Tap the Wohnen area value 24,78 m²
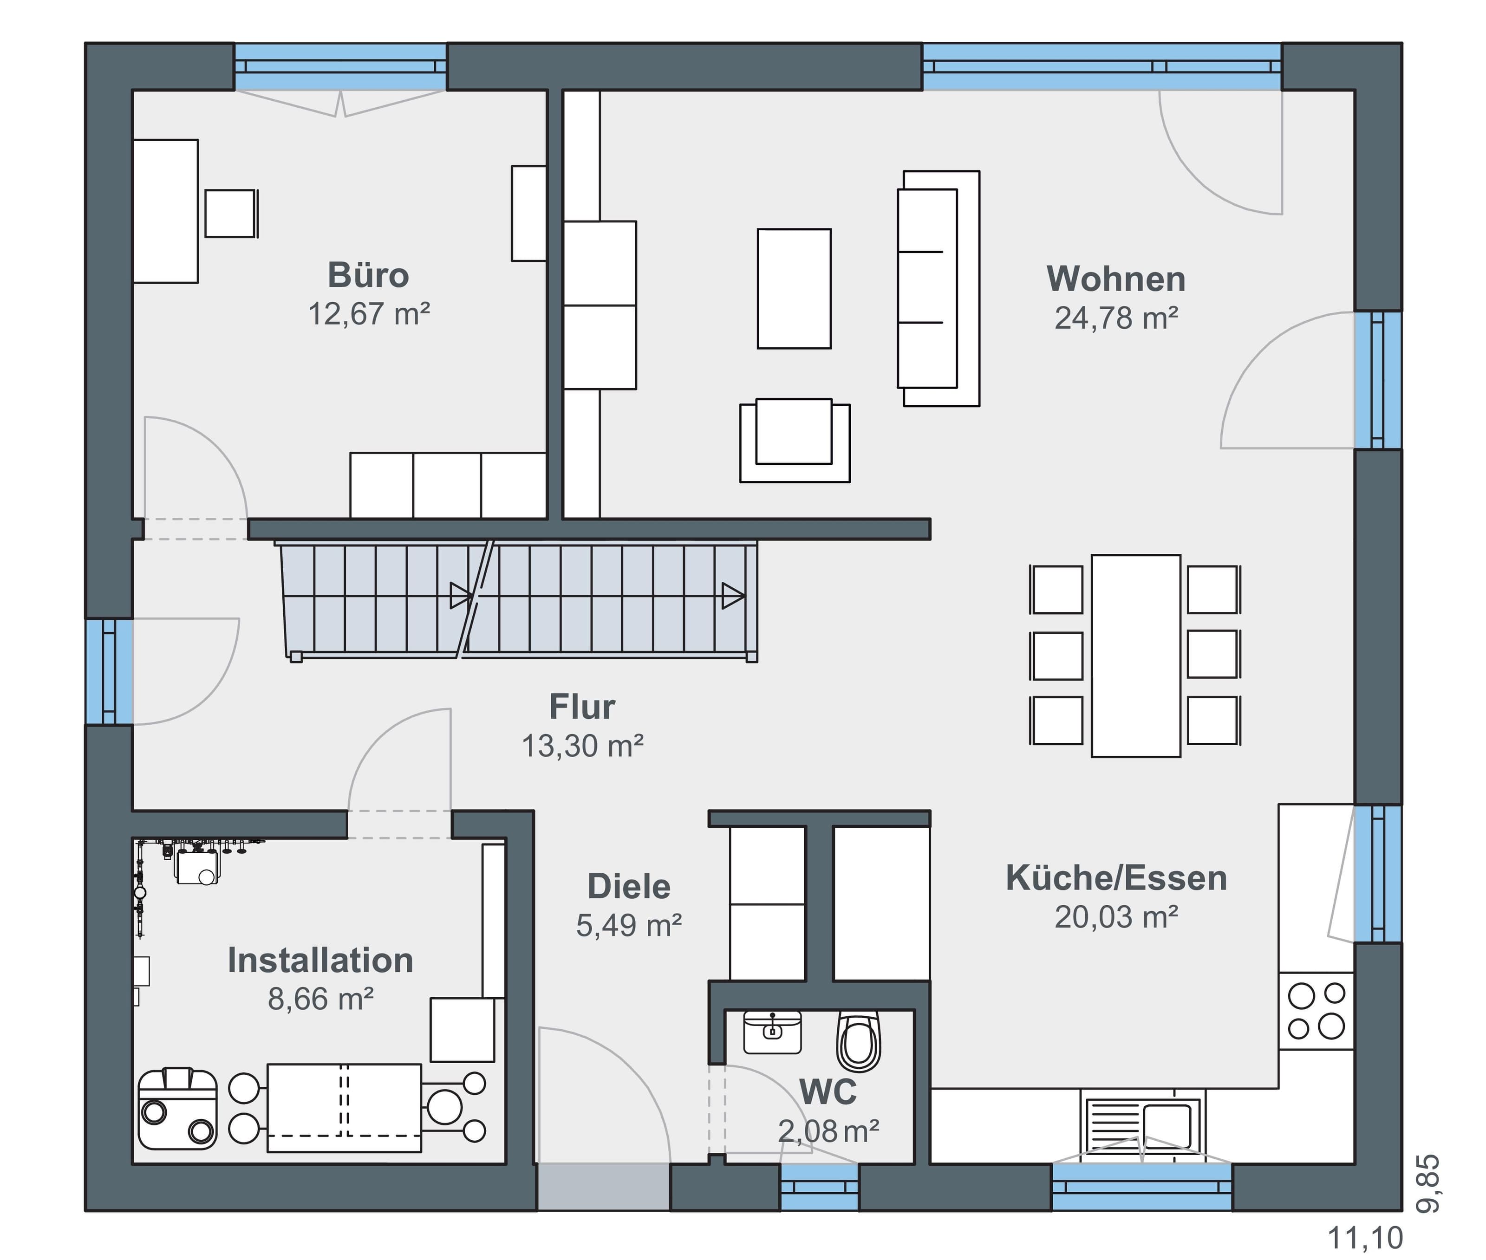[x=1116, y=318]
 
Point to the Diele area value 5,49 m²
[x=629, y=925]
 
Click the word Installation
[x=320, y=960]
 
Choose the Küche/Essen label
[x=1116, y=878]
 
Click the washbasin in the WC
[x=772, y=1032]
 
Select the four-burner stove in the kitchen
[x=1316, y=1011]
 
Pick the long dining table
[x=1136, y=656]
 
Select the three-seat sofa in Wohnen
[x=938, y=289]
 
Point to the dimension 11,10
[x=1364, y=1237]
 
